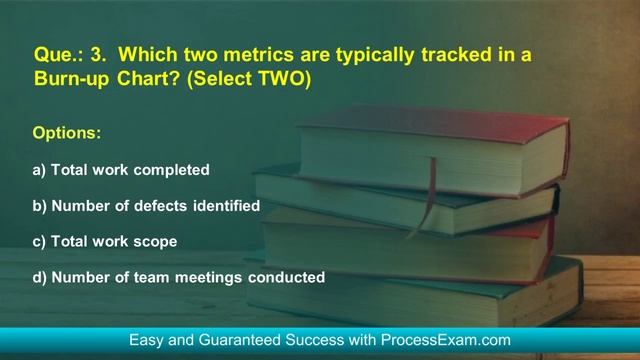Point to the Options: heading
(67, 133)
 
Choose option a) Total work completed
(121, 170)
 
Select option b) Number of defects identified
(146, 206)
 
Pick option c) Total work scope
(105, 242)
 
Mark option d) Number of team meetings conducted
(179, 277)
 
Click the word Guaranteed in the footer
(247, 341)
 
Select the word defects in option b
(172, 206)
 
